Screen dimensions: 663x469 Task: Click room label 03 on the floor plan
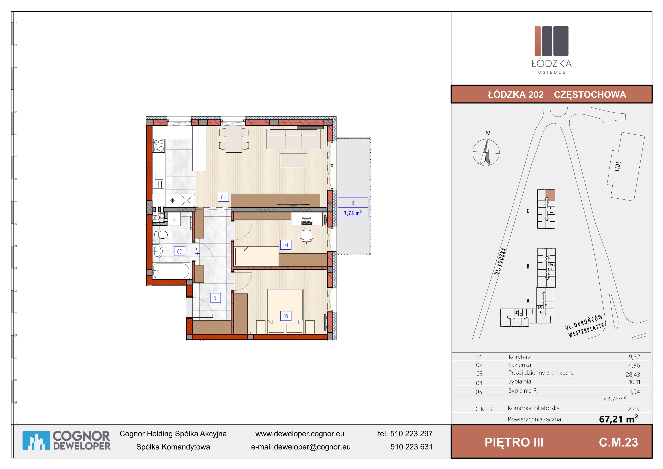coord(223,197)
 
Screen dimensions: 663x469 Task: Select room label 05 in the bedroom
coord(286,316)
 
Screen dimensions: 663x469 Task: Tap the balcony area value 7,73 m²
coord(353,213)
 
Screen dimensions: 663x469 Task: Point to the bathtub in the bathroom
coord(171,271)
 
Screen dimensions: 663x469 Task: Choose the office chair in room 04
coord(307,236)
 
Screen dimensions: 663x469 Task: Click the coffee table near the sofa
coord(293,160)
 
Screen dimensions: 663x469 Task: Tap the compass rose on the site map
coord(486,152)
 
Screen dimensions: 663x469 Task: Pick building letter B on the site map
coord(528,266)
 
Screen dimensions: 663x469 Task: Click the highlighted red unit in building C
coord(550,195)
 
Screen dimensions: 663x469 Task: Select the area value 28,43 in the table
coord(633,374)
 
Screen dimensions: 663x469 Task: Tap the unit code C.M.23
coord(618,442)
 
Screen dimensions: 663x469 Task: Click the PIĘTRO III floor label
coord(514,442)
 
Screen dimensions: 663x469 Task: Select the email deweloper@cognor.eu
coord(312,447)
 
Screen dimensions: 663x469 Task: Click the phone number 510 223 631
coord(411,447)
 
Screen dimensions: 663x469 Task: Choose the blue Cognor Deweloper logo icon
coord(36,440)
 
